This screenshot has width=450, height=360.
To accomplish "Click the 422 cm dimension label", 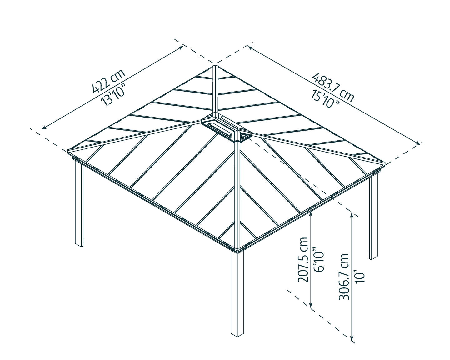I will coord(108,81).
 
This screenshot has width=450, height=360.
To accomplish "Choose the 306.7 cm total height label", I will coord(344,277).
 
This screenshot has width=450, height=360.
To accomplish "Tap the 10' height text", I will coord(360,277).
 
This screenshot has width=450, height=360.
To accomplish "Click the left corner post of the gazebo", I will coord(79,203).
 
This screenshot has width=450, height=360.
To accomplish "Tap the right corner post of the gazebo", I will coord(373,216).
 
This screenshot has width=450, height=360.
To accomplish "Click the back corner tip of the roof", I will coord(215,66).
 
